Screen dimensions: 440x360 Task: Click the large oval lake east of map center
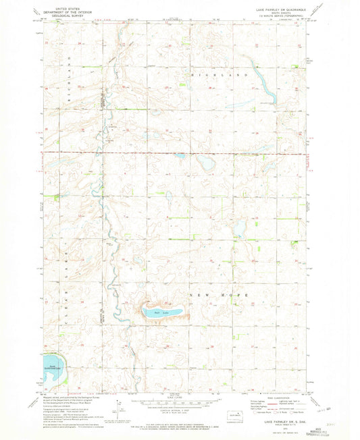(206, 163)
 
